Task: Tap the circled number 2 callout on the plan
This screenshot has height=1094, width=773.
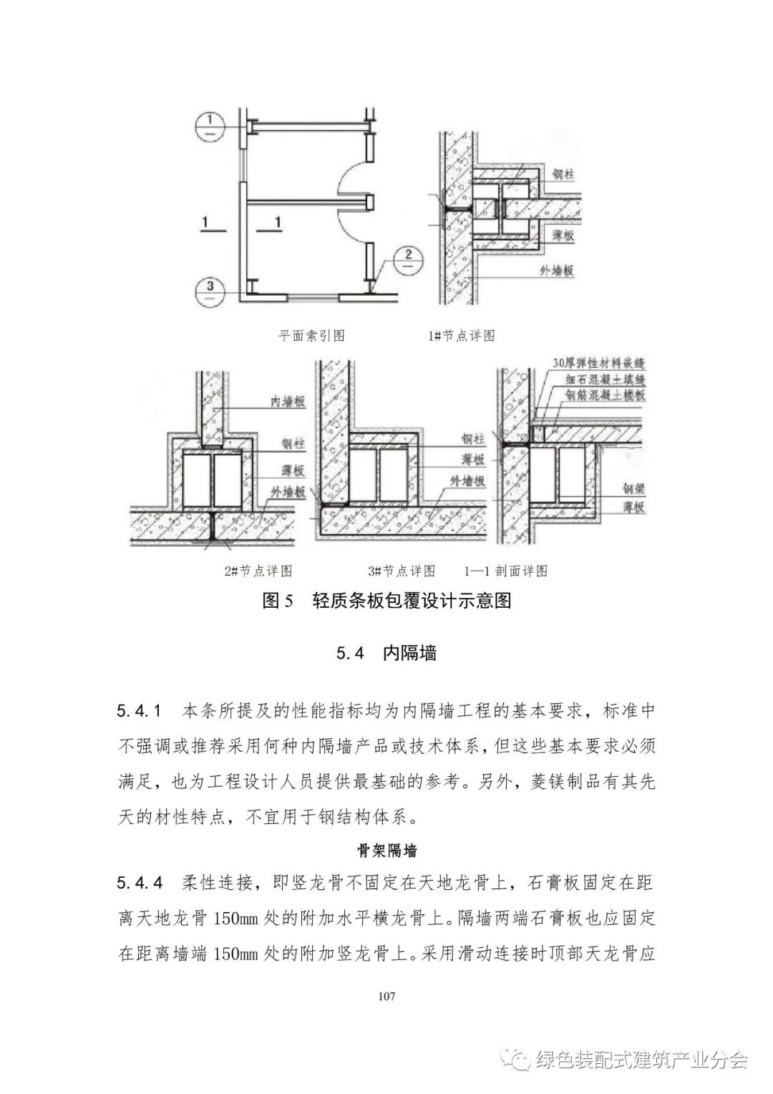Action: pyautogui.click(x=408, y=258)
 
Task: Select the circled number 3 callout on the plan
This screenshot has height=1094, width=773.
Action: pyautogui.click(x=210, y=291)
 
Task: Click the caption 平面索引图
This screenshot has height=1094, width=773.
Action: pyautogui.click(x=311, y=335)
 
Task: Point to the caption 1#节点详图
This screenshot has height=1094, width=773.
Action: pyautogui.click(x=461, y=335)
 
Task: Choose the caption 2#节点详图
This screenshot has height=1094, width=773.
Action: pyautogui.click(x=258, y=571)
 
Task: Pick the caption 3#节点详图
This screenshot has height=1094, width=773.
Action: pyautogui.click(x=402, y=571)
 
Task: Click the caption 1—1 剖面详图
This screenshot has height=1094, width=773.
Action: pyautogui.click(x=505, y=571)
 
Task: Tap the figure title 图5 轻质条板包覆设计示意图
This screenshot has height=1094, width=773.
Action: pyautogui.click(x=386, y=601)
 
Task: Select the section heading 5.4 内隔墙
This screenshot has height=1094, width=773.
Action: pyautogui.click(x=386, y=653)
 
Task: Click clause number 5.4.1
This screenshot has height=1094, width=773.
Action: pyautogui.click(x=140, y=712)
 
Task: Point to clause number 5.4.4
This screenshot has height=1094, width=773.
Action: pyautogui.click(x=140, y=884)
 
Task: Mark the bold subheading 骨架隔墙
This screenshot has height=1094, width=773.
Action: pyautogui.click(x=386, y=851)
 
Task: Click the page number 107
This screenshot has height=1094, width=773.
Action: pyautogui.click(x=386, y=996)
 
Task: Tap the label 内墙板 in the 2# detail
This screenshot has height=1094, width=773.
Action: pyautogui.click(x=288, y=402)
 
